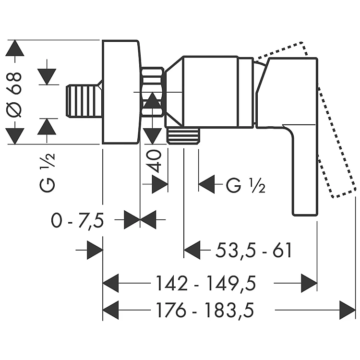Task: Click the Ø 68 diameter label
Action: (15, 91)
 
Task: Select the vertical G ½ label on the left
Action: (48, 171)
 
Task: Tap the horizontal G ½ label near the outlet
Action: (245, 184)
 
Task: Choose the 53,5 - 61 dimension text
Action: (253, 250)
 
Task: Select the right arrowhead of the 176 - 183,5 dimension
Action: (347, 310)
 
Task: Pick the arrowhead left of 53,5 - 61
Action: (192, 250)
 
